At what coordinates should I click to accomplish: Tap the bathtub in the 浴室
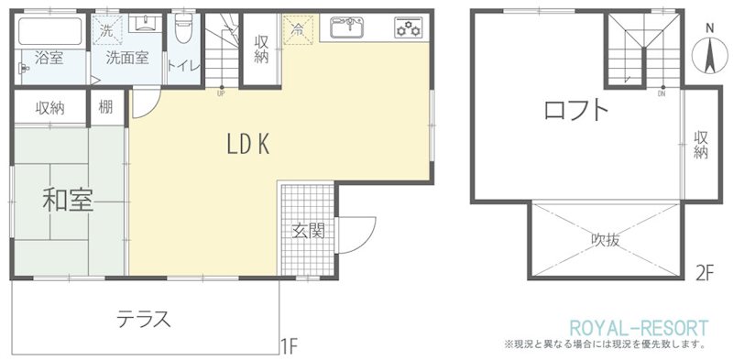pyautogui.click(x=50, y=31)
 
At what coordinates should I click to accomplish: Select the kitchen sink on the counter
pyautogui.click(x=346, y=27)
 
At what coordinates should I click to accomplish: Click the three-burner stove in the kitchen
pyautogui.click(x=408, y=27)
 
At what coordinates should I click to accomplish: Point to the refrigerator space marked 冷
pyautogui.click(x=297, y=29)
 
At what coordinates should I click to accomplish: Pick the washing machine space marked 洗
pyautogui.click(x=107, y=30)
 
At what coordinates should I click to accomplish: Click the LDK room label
pyautogui.click(x=248, y=146)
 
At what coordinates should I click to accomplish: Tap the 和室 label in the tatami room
pyautogui.click(x=68, y=200)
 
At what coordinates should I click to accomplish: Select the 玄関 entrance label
pyautogui.click(x=308, y=231)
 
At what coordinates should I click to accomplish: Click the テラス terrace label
pyautogui.click(x=143, y=320)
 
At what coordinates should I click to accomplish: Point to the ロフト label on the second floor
pyautogui.click(x=576, y=111)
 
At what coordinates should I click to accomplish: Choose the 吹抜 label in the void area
pyautogui.click(x=606, y=240)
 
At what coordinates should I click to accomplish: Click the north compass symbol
pyautogui.click(x=709, y=52)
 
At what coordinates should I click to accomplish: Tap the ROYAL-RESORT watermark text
pyautogui.click(x=639, y=328)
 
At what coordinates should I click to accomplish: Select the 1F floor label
pyautogui.click(x=290, y=347)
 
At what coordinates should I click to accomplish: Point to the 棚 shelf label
pyautogui.click(x=105, y=107)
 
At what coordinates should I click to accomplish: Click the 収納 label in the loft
pyautogui.click(x=700, y=145)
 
